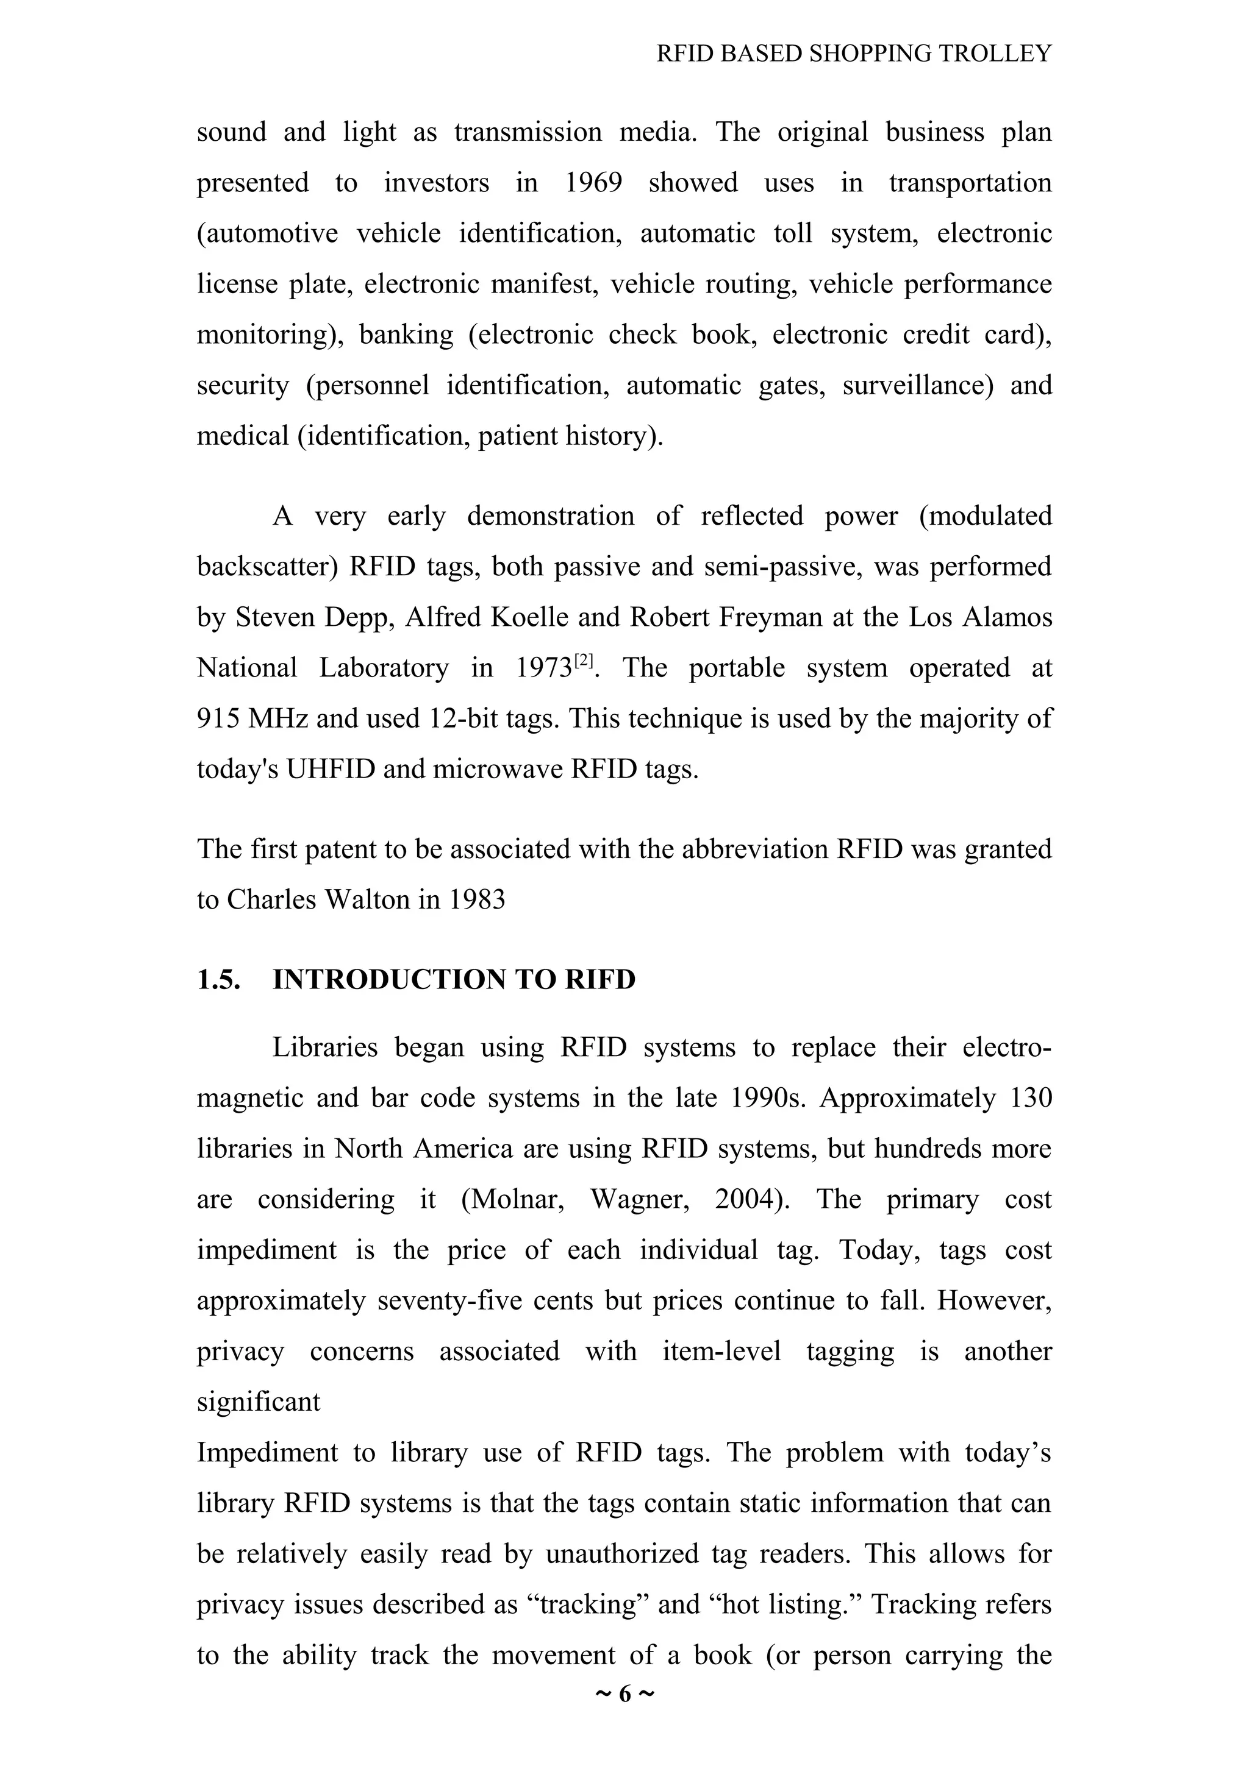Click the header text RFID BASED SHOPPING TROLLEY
pos(853,54)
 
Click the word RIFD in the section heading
pos(599,979)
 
